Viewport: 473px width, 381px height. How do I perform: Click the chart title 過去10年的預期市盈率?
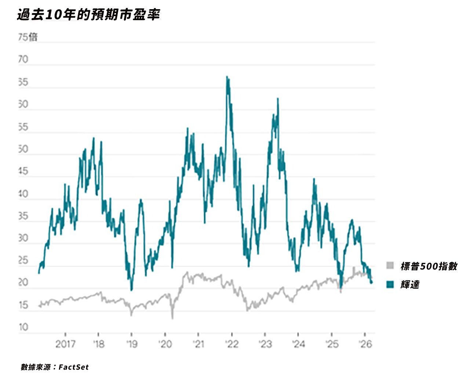(88, 15)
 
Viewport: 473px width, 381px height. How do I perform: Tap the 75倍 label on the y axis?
(28, 37)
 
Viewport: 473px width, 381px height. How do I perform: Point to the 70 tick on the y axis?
(23, 59)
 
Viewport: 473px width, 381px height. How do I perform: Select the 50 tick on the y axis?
(23, 149)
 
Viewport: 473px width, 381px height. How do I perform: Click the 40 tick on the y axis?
(23, 194)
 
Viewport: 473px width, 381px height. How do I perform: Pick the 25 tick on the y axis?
(23, 261)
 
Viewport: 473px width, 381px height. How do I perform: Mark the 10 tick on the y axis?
(23, 327)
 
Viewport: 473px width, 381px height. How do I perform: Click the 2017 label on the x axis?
(66, 344)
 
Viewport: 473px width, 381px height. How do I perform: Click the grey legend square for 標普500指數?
(390, 265)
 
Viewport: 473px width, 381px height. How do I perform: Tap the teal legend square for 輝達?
(390, 284)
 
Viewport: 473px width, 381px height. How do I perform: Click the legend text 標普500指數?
(429, 266)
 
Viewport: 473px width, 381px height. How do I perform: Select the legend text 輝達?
(410, 284)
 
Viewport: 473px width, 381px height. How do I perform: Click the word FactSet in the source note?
(73, 367)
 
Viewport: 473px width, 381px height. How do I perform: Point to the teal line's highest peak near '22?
(227, 77)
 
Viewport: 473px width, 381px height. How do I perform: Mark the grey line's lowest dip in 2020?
(172, 318)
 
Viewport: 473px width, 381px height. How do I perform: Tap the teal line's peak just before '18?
(94, 138)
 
